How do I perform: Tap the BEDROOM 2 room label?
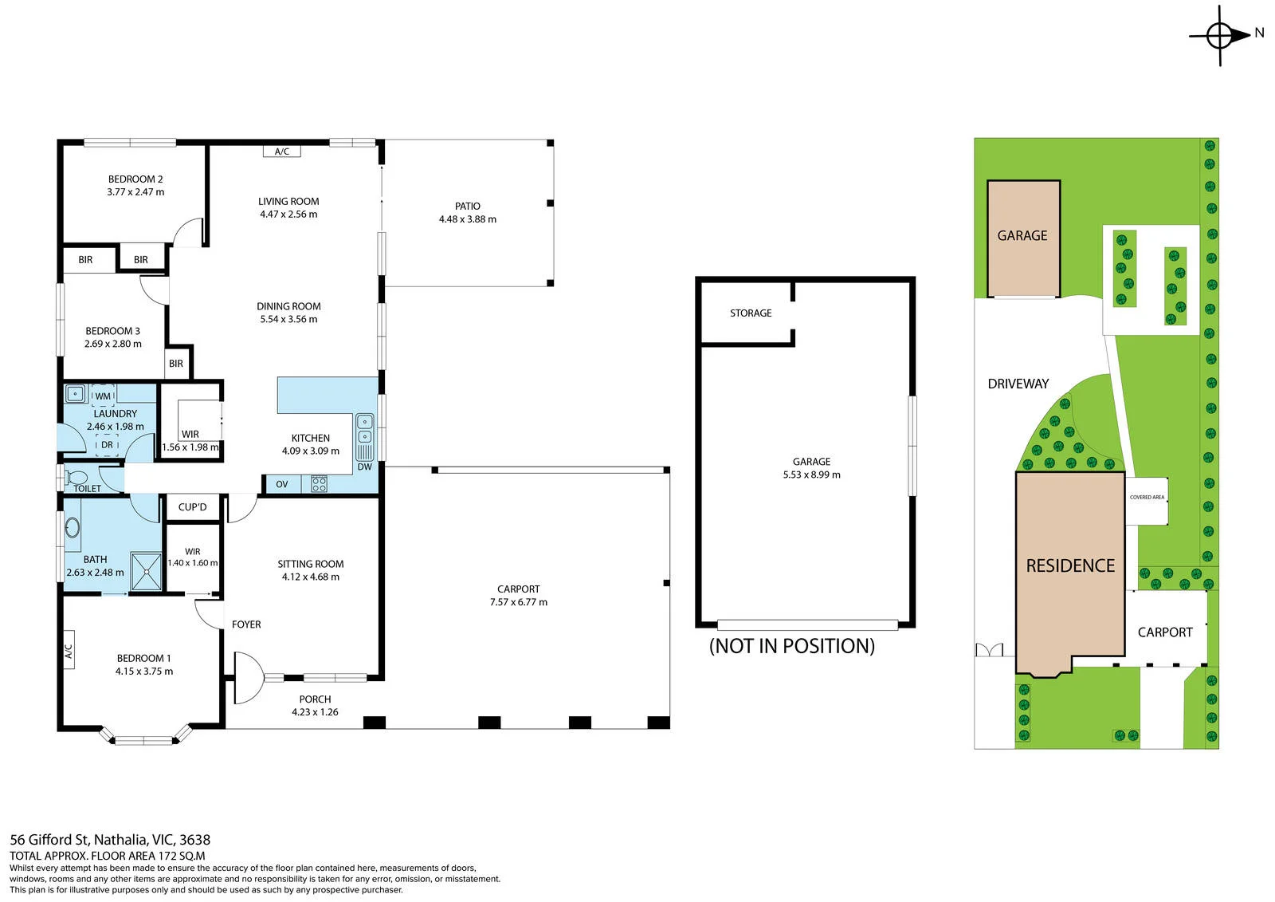point(135,179)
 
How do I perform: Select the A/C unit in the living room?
point(282,152)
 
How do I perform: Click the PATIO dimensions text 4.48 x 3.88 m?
point(467,219)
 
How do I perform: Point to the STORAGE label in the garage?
point(751,313)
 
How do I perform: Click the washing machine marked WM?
point(103,396)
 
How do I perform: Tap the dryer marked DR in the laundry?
point(107,445)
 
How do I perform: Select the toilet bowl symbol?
point(75,478)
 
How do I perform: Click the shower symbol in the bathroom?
point(147,571)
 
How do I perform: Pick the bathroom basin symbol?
point(73,527)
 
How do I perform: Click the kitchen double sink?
point(365,429)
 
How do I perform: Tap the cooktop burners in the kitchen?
point(320,484)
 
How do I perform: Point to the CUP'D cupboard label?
point(192,507)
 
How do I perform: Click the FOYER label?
point(246,624)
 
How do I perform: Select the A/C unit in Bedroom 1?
point(69,650)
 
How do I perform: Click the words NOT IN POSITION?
point(792,646)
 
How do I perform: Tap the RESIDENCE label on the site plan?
point(1070,565)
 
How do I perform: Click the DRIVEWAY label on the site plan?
point(1018,384)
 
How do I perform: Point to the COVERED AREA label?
point(1147,498)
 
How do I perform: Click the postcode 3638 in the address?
point(194,840)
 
